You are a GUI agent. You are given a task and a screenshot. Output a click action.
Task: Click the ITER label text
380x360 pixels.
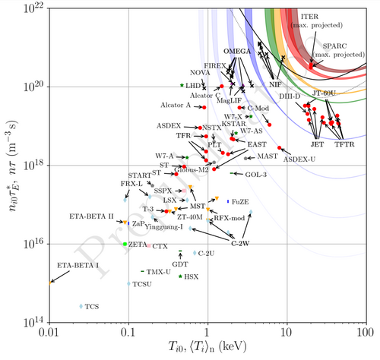click(331, 16)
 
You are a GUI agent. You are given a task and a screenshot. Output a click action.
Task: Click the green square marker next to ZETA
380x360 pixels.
click(125, 244)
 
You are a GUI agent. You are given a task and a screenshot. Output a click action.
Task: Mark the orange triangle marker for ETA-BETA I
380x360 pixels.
click(50, 282)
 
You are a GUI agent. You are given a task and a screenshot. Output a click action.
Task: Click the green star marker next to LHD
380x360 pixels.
click(182, 85)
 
